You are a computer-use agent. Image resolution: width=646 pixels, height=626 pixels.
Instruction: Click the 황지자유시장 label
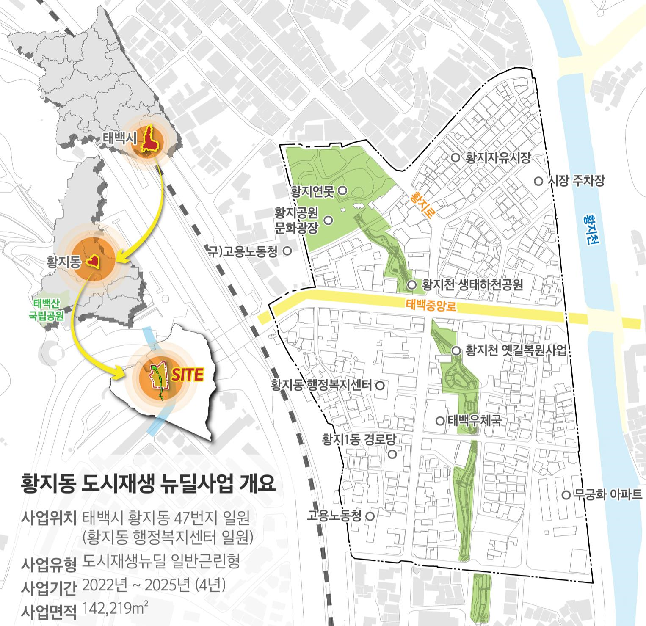[498, 158]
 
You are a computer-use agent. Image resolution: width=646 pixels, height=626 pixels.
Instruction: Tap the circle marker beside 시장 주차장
[538, 181]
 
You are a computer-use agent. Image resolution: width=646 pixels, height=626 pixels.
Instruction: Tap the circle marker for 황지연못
[343, 191]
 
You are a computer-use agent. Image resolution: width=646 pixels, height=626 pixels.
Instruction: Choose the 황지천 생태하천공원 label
[472, 284]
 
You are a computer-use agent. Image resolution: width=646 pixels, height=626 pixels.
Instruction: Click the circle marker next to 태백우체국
[440, 421]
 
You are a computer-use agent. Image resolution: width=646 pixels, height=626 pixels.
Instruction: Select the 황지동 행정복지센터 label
[322, 385]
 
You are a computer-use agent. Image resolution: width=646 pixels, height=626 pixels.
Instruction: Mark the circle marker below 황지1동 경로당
[392, 454]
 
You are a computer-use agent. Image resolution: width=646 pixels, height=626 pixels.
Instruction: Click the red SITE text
[188, 374]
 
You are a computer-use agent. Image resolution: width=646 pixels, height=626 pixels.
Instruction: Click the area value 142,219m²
[116, 608]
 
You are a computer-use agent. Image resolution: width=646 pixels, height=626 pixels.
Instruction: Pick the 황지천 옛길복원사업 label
[516, 350]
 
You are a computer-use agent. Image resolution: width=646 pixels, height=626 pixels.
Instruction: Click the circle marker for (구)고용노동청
[287, 251]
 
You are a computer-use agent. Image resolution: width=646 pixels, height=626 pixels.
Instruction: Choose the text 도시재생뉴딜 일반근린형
[161, 561]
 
